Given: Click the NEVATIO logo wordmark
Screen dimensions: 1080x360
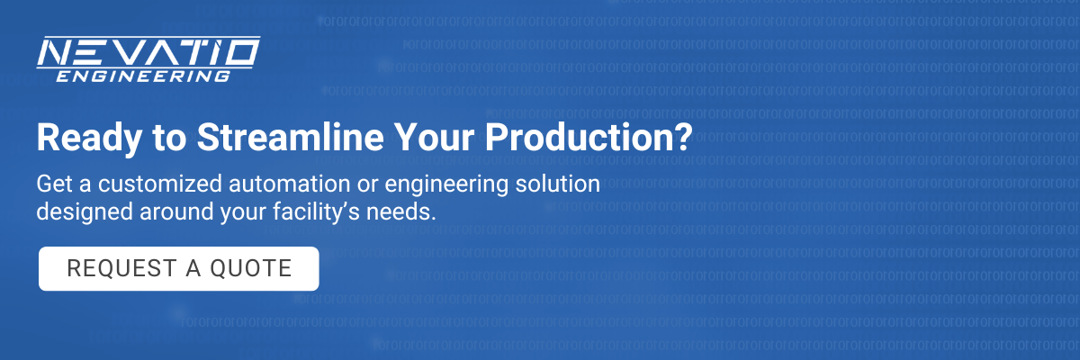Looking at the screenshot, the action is [148, 52].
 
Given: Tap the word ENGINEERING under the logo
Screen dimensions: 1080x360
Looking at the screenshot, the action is [143, 76].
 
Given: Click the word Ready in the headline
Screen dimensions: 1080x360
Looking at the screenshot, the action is [89, 139].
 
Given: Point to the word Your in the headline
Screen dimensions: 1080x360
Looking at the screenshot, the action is [434, 138].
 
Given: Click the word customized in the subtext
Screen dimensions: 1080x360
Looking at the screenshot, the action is [159, 184].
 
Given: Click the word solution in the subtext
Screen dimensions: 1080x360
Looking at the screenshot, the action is [558, 184].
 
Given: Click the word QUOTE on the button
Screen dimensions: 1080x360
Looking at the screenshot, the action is [251, 268].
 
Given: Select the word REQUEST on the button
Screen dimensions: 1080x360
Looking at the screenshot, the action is [122, 268].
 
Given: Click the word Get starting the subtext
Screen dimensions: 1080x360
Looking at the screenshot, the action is [55, 184].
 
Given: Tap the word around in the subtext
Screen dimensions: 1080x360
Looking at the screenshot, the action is [176, 212].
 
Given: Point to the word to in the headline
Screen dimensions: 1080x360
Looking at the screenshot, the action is [169, 139].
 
